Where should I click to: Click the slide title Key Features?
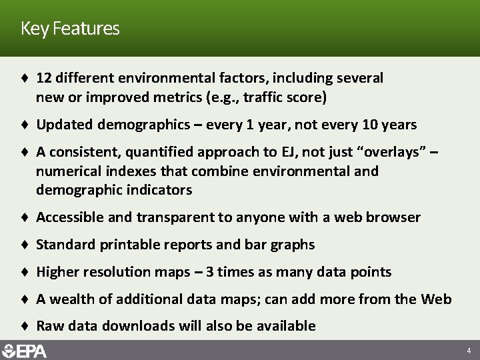[70, 29]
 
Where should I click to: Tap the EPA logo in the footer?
[25, 350]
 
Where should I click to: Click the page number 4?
[469, 350]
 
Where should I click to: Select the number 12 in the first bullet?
[44, 78]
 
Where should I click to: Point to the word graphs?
[293, 245]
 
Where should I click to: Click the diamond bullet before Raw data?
[24, 326]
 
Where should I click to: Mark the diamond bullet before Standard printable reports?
[24, 245]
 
